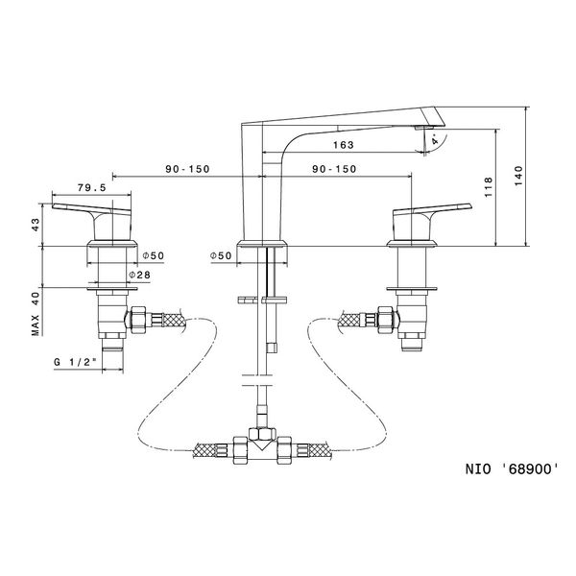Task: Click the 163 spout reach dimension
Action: point(344,145)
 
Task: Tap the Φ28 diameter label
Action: point(139,276)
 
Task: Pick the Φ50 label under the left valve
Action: point(153,256)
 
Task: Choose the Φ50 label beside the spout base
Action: point(221,256)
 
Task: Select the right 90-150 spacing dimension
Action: point(334,169)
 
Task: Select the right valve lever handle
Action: point(436,209)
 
